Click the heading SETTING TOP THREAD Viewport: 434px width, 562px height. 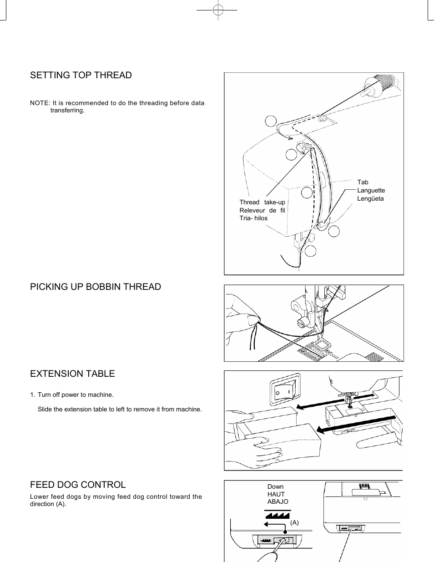(x=81, y=76)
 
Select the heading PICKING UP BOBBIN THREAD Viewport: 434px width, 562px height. (x=96, y=287)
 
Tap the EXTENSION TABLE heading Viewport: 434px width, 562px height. (x=72, y=374)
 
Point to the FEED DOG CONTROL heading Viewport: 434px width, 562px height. (x=78, y=485)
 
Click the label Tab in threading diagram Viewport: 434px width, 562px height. (x=363, y=182)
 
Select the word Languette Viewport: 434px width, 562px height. (x=371, y=190)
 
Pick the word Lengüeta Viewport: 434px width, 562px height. (x=370, y=198)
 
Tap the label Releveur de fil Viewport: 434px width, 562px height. (x=262, y=210)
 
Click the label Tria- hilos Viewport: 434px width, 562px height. (x=253, y=218)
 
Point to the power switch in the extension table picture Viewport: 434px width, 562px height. (x=283, y=390)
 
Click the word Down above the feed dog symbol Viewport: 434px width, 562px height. (x=275, y=486)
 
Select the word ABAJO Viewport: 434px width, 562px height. (x=278, y=501)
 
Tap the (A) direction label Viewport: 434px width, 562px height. (x=295, y=522)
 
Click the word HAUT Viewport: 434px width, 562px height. (x=276, y=494)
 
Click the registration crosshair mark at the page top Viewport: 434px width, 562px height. (x=218, y=10)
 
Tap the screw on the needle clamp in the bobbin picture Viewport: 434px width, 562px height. (x=301, y=323)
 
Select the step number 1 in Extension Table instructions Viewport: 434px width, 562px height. (x=32, y=395)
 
